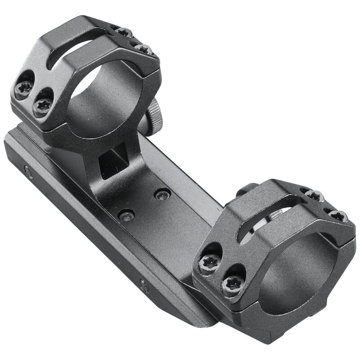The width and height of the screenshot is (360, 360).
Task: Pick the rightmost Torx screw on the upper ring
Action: coord(144,48)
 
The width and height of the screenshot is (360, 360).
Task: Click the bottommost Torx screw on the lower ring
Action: coord(233,283)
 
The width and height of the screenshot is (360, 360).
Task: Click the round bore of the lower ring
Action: coord(297,270)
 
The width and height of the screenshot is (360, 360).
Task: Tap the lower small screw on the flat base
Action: coord(126,215)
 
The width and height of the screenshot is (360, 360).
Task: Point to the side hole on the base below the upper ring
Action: coord(28,172)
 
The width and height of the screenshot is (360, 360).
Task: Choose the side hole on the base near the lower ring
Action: coord(144,284)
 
